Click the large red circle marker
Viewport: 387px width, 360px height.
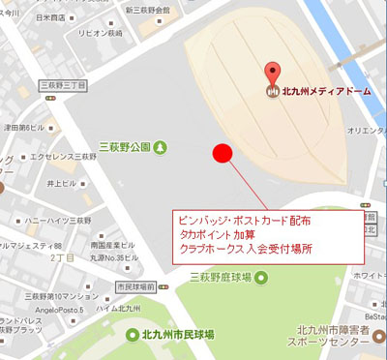click(223, 154)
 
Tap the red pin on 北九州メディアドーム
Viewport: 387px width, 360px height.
click(273, 74)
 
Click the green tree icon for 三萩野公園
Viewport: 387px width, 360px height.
click(160, 147)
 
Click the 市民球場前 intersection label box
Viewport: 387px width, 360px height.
click(136, 287)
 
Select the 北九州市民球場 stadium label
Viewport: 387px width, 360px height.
click(177, 335)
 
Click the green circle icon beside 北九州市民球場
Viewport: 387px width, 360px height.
click(134, 335)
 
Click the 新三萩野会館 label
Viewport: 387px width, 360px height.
click(154, 9)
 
